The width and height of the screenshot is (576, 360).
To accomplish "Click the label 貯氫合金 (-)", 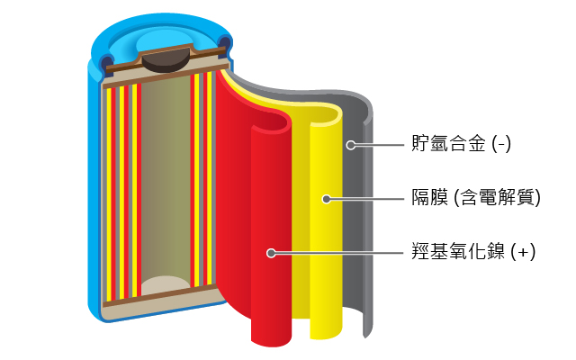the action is point(461,143).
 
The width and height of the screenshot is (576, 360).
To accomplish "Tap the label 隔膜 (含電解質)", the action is point(476,198).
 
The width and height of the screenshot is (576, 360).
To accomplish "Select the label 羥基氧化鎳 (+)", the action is point(473,252).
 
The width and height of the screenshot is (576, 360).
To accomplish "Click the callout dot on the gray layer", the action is point(351,145).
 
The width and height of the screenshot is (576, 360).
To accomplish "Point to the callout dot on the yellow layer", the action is point(326,199).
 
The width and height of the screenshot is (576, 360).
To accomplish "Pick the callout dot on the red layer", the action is point(271,253).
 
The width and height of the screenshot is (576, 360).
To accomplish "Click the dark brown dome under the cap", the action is point(166,62).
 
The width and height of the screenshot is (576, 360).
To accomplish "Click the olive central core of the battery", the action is point(166,180).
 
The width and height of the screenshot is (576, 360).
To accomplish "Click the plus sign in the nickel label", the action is point(523,252).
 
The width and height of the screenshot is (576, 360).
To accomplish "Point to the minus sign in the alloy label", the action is point(501,145).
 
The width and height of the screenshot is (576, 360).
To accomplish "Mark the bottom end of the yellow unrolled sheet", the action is point(326,335).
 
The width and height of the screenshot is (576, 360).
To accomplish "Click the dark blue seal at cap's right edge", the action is point(225,45).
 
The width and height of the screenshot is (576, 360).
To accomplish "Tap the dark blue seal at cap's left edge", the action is point(106,63).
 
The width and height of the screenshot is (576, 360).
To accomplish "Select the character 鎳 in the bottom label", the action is point(495,252).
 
